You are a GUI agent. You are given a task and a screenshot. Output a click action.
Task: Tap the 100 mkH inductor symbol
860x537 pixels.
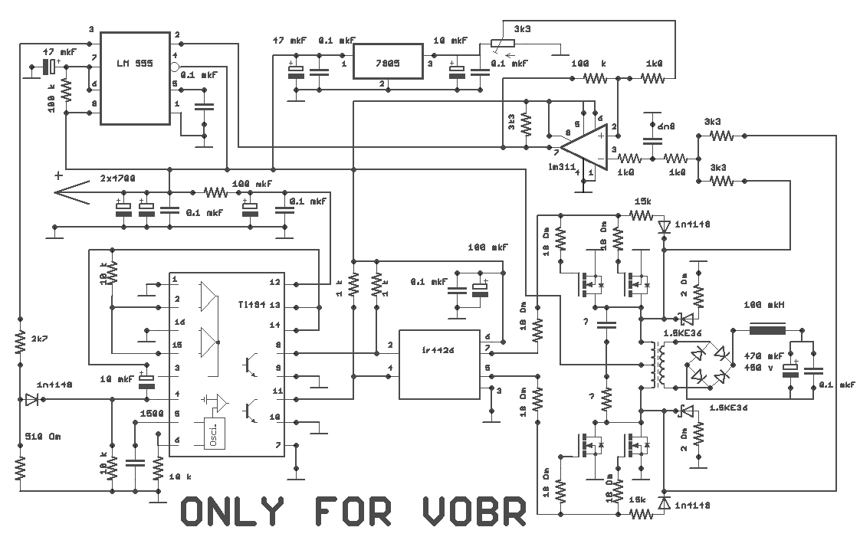(x=770, y=332)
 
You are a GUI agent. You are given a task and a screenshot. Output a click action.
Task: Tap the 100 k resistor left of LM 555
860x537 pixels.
(x=65, y=91)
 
